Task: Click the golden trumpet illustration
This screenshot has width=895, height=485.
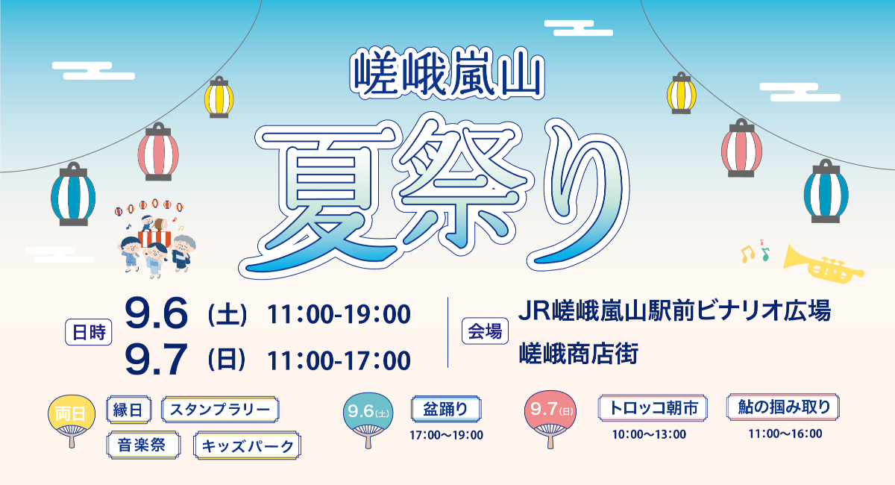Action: [x=824, y=263]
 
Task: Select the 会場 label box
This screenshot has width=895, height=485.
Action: [x=485, y=330]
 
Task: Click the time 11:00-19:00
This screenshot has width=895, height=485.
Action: [x=339, y=315]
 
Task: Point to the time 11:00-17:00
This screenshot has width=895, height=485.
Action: [x=339, y=360]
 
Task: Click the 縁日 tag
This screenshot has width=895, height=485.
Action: [x=130, y=409]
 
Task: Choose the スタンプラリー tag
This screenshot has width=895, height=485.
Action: [x=220, y=410]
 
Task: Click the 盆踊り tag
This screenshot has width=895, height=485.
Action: [x=446, y=409]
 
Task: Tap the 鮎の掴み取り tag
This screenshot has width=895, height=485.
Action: [x=783, y=407]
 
